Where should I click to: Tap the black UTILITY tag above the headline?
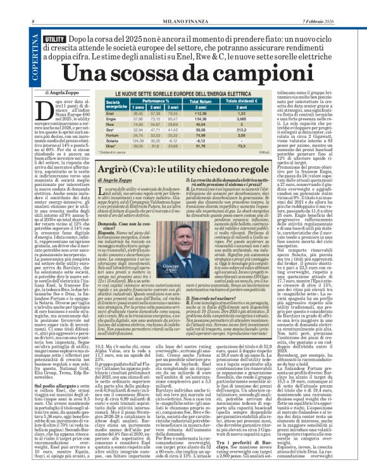click(54, 39)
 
